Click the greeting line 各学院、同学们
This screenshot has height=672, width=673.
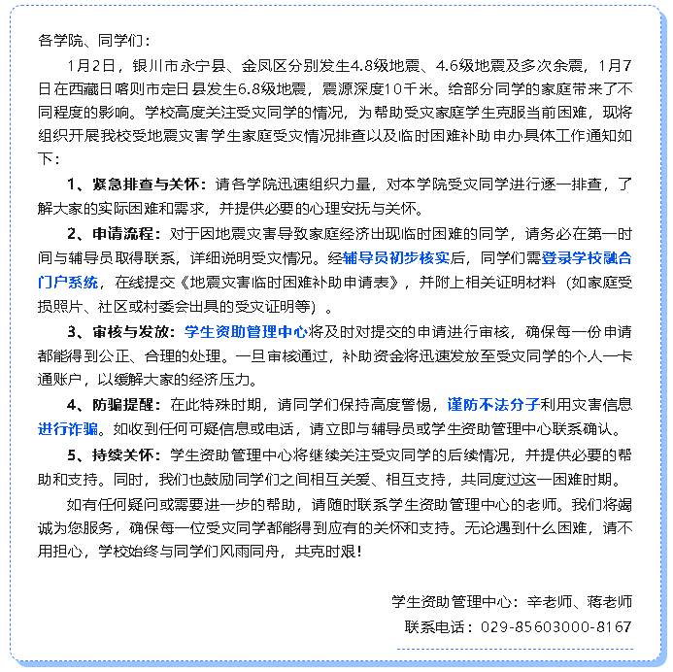94,42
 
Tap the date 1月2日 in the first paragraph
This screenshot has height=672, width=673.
92,65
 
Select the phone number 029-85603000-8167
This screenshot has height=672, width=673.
556,626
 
